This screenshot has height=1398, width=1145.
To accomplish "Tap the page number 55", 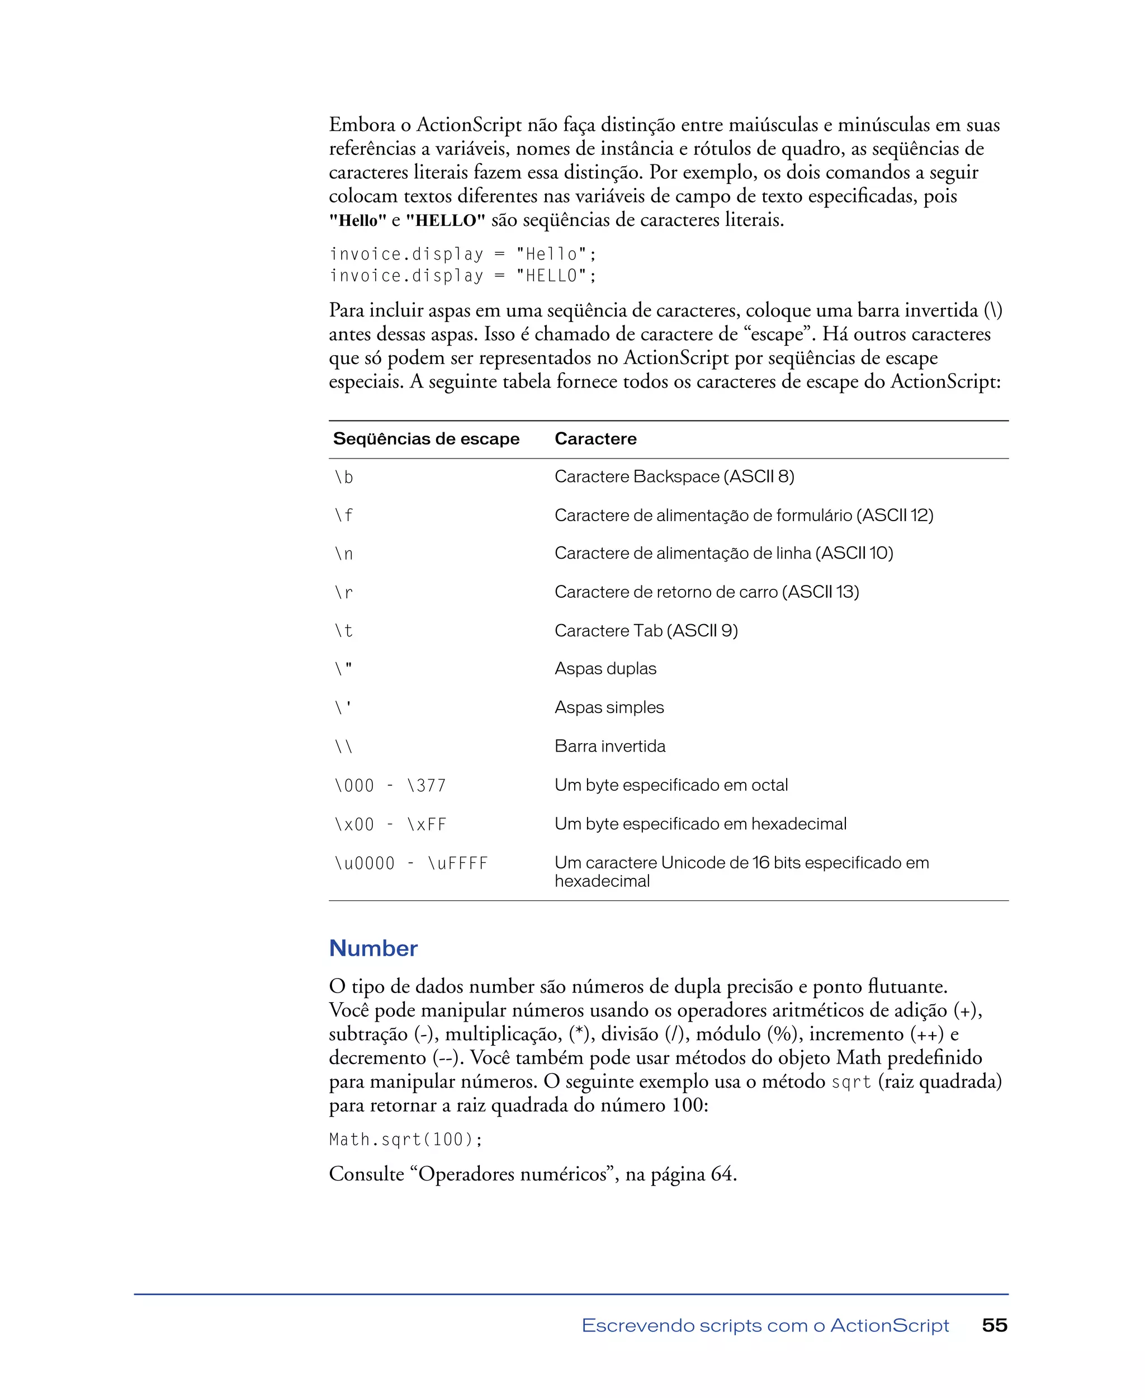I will (x=994, y=1325).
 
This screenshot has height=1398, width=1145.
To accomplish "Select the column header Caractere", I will (x=595, y=439).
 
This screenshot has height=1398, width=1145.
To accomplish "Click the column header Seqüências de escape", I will (x=426, y=439).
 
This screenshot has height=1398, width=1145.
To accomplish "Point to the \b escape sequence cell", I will (x=344, y=477).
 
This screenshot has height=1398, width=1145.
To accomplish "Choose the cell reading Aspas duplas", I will (x=605, y=669).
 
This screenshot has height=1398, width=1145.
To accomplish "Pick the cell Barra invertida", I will (x=609, y=746).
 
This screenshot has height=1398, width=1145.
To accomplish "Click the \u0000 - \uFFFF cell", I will (x=410, y=863).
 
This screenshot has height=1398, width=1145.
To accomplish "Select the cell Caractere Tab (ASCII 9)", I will (x=646, y=631).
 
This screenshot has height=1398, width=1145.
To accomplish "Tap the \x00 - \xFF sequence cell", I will (x=390, y=825).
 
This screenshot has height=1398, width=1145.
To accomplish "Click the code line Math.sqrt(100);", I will (x=406, y=1140).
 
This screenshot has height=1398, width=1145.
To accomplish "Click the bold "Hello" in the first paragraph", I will (x=357, y=220).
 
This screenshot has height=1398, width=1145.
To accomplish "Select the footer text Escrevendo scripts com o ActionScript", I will (x=765, y=1325).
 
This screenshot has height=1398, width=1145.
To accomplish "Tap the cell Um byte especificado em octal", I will (x=671, y=785).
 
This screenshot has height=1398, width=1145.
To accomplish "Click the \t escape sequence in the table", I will (x=344, y=631).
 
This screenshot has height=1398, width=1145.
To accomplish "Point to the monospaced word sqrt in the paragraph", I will (x=851, y=1082).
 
